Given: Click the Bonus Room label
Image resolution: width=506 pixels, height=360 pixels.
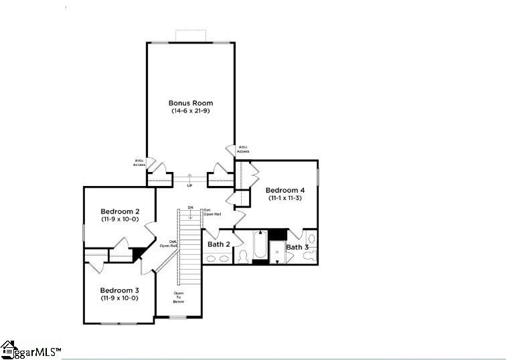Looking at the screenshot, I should point(190,103).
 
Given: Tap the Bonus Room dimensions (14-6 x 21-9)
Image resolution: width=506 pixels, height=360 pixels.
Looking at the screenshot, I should point(190,110).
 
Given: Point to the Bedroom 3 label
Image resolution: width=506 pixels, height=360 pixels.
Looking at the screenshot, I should point(119,290).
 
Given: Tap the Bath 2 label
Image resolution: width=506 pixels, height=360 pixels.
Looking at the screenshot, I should point(218,244).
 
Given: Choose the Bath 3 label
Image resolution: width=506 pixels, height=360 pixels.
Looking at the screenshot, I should point(297,247).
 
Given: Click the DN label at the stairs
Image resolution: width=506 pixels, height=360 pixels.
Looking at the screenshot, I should point(190,208).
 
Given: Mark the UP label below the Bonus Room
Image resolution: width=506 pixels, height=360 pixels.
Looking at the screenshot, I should point(189,185).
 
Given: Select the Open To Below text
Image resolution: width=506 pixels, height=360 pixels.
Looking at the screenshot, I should point(179,297).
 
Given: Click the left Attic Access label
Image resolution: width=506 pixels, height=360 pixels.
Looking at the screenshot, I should point(139,163).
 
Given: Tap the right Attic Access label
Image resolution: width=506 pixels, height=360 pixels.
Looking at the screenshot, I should point(243,149).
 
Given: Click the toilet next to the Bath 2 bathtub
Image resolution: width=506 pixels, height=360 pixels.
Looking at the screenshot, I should point(242,254).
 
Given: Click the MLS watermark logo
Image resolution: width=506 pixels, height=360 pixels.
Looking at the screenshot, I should point(30,349).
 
